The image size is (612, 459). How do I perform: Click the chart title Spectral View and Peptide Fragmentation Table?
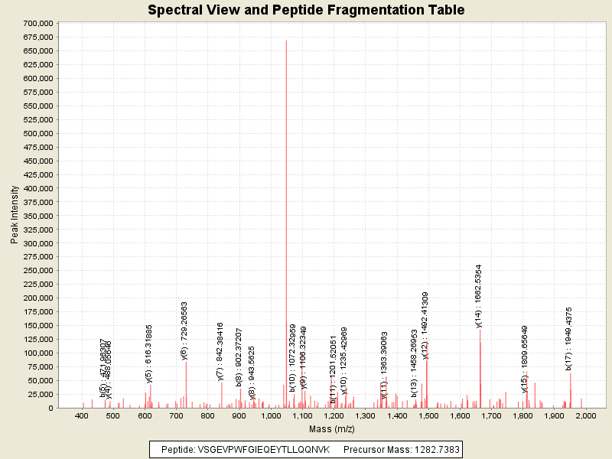(x=306, y=10)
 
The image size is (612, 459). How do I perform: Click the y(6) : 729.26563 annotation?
(x=184, y=330)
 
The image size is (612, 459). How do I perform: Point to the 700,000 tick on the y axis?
(x=37, y=23)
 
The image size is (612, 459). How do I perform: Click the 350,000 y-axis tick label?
(x=37, y=216)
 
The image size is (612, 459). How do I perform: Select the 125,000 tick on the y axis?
(x=37, y=340)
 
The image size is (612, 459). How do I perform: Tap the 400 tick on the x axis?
(x=82, y=415)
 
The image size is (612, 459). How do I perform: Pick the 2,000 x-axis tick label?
(x=585, y=415)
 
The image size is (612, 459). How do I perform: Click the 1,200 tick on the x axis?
(x=334, y=415)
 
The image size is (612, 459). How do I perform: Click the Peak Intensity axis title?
(x=14, y=216)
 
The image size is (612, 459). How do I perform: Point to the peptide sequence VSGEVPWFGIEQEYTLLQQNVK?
(x=264, y=449)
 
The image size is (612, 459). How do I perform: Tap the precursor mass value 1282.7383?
(x=436, y=449)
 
